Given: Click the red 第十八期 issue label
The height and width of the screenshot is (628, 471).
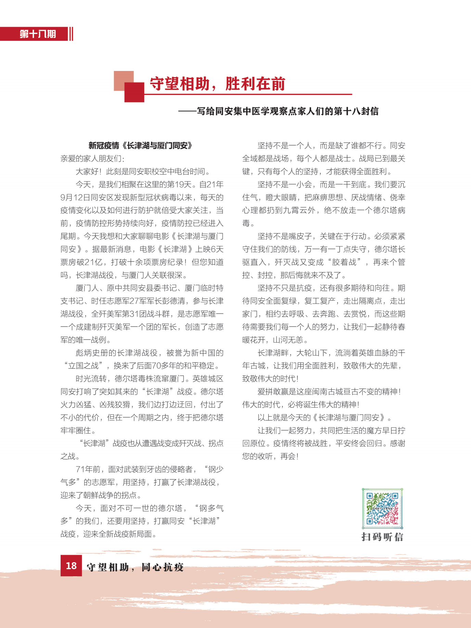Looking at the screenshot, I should (x=37, y=34).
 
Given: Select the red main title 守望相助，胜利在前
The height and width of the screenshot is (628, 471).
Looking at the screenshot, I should (x=217, y=84).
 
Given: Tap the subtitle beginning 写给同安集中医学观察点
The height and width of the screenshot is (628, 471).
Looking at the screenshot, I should (x=287, y=111).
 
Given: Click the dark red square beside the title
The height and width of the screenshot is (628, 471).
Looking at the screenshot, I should (x=134, y=92).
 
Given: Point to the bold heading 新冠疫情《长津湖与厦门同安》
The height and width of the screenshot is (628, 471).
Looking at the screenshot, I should (x=140, y=146).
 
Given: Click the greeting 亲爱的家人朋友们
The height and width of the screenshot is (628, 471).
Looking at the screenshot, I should (x=92, y=159).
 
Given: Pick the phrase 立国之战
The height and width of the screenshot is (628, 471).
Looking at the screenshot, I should (x=84, y=366).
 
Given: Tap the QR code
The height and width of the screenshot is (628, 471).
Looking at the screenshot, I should (x=382, y=508).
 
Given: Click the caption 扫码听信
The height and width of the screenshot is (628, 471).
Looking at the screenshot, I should (x=382, y=537).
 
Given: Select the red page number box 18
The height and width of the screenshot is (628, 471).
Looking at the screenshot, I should (x=71, y=565).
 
